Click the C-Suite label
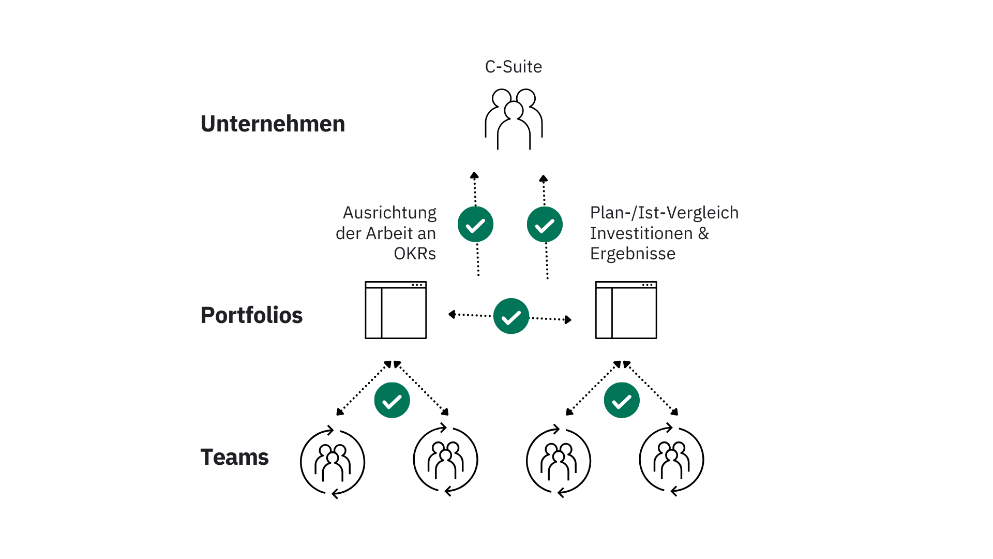[513, 67]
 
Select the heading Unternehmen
[273, 124]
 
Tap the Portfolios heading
[251, 315]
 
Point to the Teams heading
[234, 457]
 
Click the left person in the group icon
[496, 123]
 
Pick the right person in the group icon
[530, 123]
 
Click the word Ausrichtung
[389, 213]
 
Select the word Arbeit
[389, 233]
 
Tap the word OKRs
[415, 254]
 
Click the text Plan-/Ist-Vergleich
[664, 213]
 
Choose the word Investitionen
[641, 233]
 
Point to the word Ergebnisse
[633, 254]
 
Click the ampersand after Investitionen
[703, 233]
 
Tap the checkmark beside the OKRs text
[475, 224]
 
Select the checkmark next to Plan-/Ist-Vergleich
[545, 224]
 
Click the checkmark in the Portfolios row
[511, 316]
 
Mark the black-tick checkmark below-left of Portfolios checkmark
[392, 400]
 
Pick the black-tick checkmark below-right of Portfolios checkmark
[622, 400]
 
